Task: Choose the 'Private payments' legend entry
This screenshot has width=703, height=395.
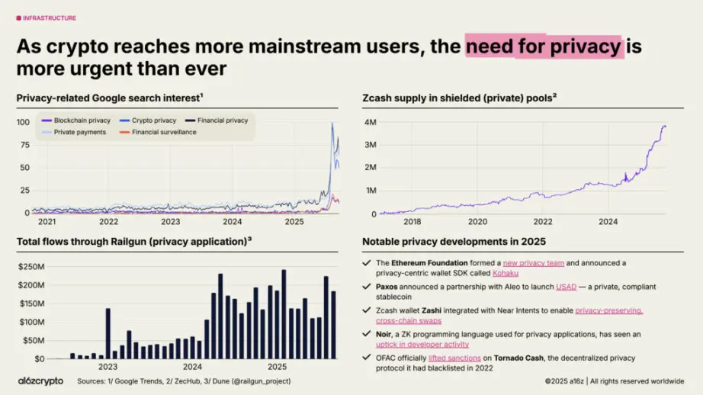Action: coord(76,132)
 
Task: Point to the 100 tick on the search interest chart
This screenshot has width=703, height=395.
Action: coord(23,122)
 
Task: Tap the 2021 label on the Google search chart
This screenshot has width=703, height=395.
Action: coord(47,222)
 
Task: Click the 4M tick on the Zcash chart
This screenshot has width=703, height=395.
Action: coord(370,122)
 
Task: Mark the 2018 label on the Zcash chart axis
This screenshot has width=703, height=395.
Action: coord(412,222)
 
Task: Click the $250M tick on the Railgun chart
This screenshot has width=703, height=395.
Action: coord(30,266)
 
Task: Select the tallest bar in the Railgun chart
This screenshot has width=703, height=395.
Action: coord(284,313)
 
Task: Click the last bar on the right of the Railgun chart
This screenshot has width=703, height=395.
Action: coord(333,324)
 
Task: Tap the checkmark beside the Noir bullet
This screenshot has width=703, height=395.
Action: coord(367,334)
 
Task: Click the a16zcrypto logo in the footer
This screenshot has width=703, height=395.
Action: coord(41,380)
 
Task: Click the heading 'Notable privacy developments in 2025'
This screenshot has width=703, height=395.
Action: coord(454,242)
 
